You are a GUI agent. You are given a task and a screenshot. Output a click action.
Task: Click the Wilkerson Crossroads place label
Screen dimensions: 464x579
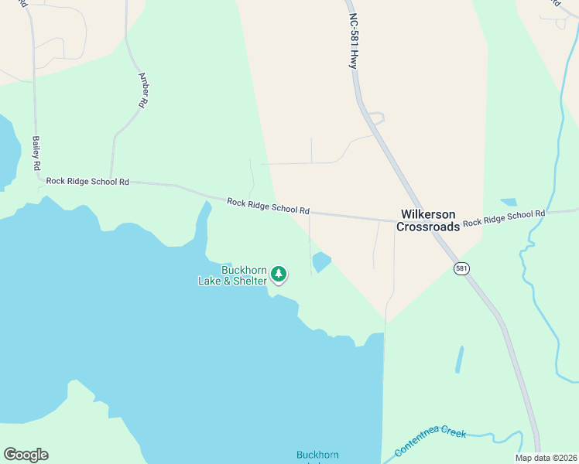tap(427, 220)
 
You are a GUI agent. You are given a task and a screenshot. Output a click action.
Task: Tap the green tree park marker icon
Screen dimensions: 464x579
tap(279, 274)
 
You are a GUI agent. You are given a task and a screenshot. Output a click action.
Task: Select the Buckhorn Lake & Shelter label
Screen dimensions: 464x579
tap(233, 275)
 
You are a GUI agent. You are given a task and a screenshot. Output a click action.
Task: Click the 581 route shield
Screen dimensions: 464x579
tap(461, 268)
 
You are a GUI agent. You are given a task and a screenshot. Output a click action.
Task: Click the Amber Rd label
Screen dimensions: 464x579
tap(142, 90)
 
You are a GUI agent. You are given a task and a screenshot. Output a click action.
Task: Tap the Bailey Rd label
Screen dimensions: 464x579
tap(36, 153)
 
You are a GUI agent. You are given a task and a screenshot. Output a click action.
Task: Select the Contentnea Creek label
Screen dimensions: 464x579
tap(430, 442)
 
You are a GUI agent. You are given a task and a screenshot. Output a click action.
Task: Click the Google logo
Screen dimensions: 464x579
tap(26, 455)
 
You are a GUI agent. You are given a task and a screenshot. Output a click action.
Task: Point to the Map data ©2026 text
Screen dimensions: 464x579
tap(546, 458)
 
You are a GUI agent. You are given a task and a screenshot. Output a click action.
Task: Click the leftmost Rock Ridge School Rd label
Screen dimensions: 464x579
tap(87, 182)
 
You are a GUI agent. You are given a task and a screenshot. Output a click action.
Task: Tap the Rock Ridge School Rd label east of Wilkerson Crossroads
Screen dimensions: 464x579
tap(504, 218)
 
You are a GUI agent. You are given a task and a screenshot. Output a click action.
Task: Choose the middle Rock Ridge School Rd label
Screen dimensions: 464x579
tap(269, 206)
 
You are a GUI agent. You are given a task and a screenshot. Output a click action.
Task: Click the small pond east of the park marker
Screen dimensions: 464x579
tap(320, 262)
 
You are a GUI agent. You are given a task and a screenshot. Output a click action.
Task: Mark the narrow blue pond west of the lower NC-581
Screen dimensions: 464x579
tap(460, 360)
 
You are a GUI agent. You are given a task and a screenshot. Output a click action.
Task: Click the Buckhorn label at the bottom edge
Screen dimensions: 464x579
tap(317, 455)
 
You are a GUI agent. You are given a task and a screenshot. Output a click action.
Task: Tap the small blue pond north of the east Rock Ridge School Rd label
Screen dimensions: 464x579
tap(509, 202)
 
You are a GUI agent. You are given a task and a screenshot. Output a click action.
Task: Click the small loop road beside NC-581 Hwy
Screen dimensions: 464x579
tap(376, 118)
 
